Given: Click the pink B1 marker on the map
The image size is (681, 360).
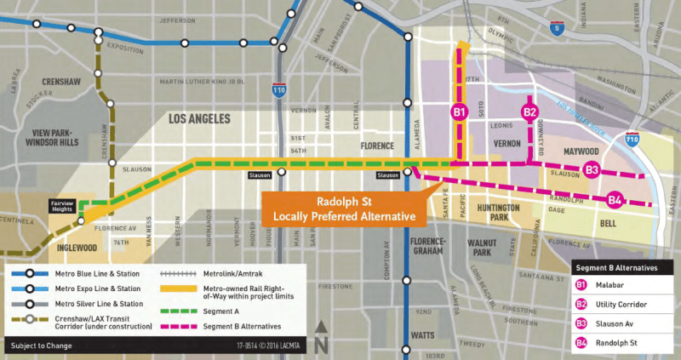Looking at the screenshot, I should coord(459,112).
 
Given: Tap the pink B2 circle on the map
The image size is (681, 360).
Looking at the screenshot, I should coord(529,112).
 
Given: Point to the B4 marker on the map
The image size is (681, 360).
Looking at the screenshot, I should coord(615,201).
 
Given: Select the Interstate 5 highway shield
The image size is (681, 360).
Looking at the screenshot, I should coord(557,28).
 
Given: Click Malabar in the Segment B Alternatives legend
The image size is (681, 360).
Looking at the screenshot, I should coord(609,285).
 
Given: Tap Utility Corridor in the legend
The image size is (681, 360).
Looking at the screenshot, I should coord(621,303).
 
